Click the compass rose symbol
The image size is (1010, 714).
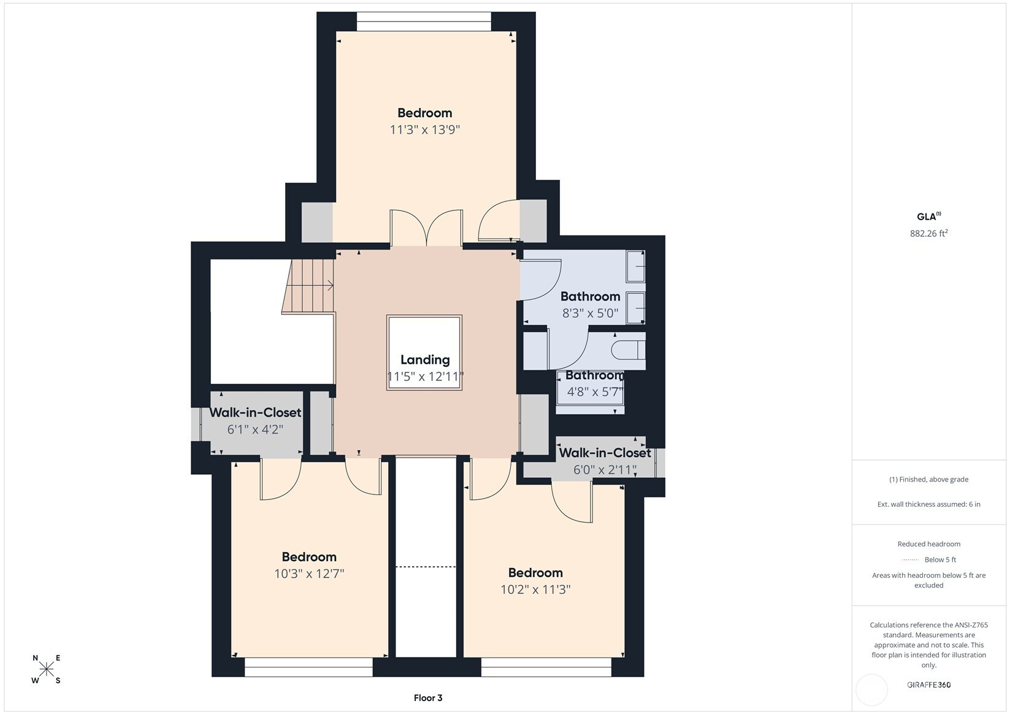tap(47, 669)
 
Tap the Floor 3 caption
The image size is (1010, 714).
tap(428, 698)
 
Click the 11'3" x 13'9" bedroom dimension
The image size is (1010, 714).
tap(425, 130)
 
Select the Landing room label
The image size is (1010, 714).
tap(425, 359)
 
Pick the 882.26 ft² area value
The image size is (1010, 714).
tap(928, 233)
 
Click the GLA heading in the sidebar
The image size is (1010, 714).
tap(928, 217)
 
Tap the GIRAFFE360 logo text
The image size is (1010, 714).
tap(929, 685)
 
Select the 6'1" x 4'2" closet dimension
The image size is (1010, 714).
tap(255, 429)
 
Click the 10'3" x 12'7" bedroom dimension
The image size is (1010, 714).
tap(309, 574)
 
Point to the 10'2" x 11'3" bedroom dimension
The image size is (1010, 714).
tap(535, 589)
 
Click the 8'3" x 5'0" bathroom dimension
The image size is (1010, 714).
tap(590, 313)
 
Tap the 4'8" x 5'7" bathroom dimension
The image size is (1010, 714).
tap(595, 392)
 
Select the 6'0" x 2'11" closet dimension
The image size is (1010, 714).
tap(605, 470)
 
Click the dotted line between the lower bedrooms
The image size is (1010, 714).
tap(426, 567)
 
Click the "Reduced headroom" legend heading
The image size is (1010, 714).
tap(929, 544)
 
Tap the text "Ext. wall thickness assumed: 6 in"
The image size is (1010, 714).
tap(929, 504)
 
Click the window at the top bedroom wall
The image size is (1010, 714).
tap(424, 21)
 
